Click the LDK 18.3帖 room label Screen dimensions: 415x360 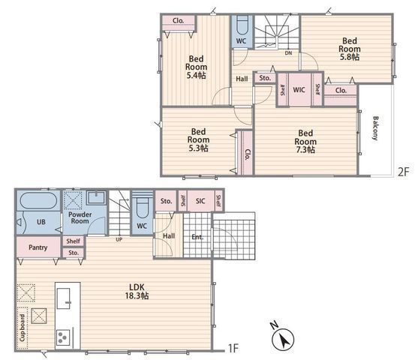click(x=137, y=291)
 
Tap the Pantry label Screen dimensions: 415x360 click(x=38, y=247)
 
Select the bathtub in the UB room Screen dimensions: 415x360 click(x=38, y=200)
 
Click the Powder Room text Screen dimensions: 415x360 click(x=80, y=217)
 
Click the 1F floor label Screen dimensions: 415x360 click(x=233, y=348)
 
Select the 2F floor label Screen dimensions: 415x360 click(x=404, y=172)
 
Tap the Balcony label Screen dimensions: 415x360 click(x=375, y=128)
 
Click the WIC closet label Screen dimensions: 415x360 click(x=299, y=90)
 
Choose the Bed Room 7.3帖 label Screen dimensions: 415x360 click(x=305, y=141)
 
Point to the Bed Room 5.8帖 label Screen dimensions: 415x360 click(x=350, y=49)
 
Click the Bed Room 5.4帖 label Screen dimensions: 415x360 click(x=196, y=67)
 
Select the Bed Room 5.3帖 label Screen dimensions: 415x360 click(x=199, y=139)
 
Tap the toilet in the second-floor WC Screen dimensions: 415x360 click(x=242, y=25)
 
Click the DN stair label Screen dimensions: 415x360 click(x=288, y=53)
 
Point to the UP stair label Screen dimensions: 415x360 click(x=119, y=240)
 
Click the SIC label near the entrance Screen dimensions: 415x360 click(x=200, y=201)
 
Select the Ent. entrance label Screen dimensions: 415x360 click(x=197, y=237)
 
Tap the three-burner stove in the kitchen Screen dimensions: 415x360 click(x=63, y=337)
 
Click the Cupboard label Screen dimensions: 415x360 click(x=23, y=328)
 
